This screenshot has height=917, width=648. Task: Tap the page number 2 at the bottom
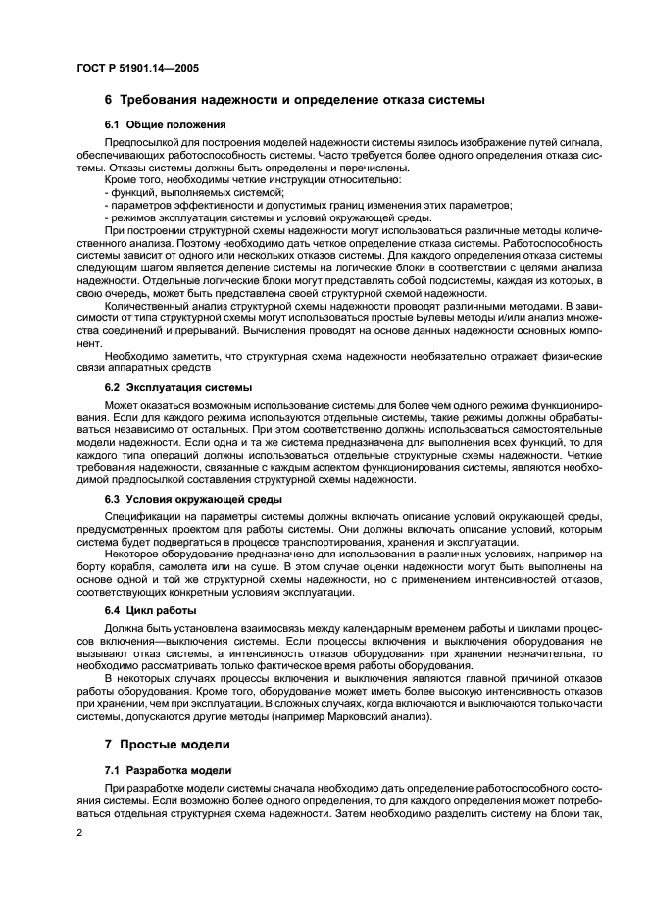pyautogui.click(x=79, y=832)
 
